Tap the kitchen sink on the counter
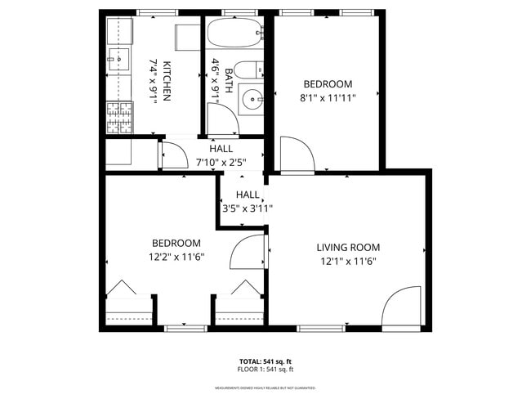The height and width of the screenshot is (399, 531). pyautogui.click(x=117, y=59)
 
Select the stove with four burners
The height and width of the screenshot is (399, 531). pyautogui.click(x=118, y=118)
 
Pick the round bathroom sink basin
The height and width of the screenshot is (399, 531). pyautogui.click(x=251, y=101)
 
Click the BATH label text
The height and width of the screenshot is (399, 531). pyautogui.click(x=229, y=80)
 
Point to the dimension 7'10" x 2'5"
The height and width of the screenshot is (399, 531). pyautogui.click(x=221, y=162)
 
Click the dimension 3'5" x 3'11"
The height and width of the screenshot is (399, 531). pyautogui.click(x=248, y=208)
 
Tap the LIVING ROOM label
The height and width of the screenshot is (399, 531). pyautogui.click(x=348, y=247)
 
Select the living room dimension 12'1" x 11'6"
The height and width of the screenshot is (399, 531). pyautogui.click(x=348, y=262)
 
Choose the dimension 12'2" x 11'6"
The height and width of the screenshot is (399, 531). pyautogui.click(x=176, y=257)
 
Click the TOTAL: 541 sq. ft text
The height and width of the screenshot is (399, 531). pyautogui.click(x=265, y=361)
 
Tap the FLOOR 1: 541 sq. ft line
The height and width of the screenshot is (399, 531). pyautogui.click(x=265, y=370)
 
